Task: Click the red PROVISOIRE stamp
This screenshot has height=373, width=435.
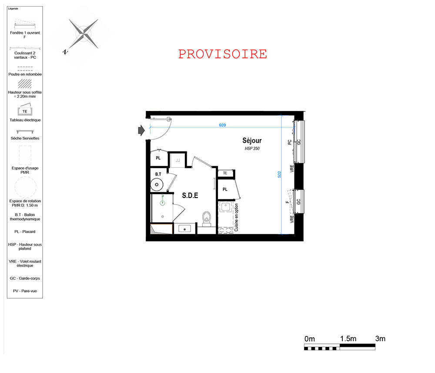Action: [222, 54]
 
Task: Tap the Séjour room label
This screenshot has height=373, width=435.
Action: [252, 141]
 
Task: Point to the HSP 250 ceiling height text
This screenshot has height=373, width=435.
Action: [252, 148]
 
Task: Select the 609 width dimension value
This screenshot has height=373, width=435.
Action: [222, 125]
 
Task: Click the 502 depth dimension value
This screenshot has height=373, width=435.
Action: [279, 174]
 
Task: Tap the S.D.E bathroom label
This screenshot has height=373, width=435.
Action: [190, 195]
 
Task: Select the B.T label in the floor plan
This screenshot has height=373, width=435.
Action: [158, 174]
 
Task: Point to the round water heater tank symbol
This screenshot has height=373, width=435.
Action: [157, 185]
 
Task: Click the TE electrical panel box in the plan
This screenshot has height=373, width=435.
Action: [225, 173]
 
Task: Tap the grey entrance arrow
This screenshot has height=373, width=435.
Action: [141, 130]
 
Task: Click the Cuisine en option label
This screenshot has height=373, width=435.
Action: [236, 218]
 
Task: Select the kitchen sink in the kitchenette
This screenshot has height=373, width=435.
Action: [225, 207]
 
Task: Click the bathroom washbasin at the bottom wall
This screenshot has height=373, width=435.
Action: [184, 229]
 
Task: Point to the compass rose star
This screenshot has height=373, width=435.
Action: [84, 34]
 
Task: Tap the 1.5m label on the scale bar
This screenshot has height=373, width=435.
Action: [348, 339]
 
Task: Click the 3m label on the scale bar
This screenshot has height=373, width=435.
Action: [380, 339]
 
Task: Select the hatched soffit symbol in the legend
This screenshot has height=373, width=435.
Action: [25, 84]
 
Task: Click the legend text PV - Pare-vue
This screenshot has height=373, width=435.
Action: [25, 291]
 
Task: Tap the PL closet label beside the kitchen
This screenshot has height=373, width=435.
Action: [225, 189]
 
